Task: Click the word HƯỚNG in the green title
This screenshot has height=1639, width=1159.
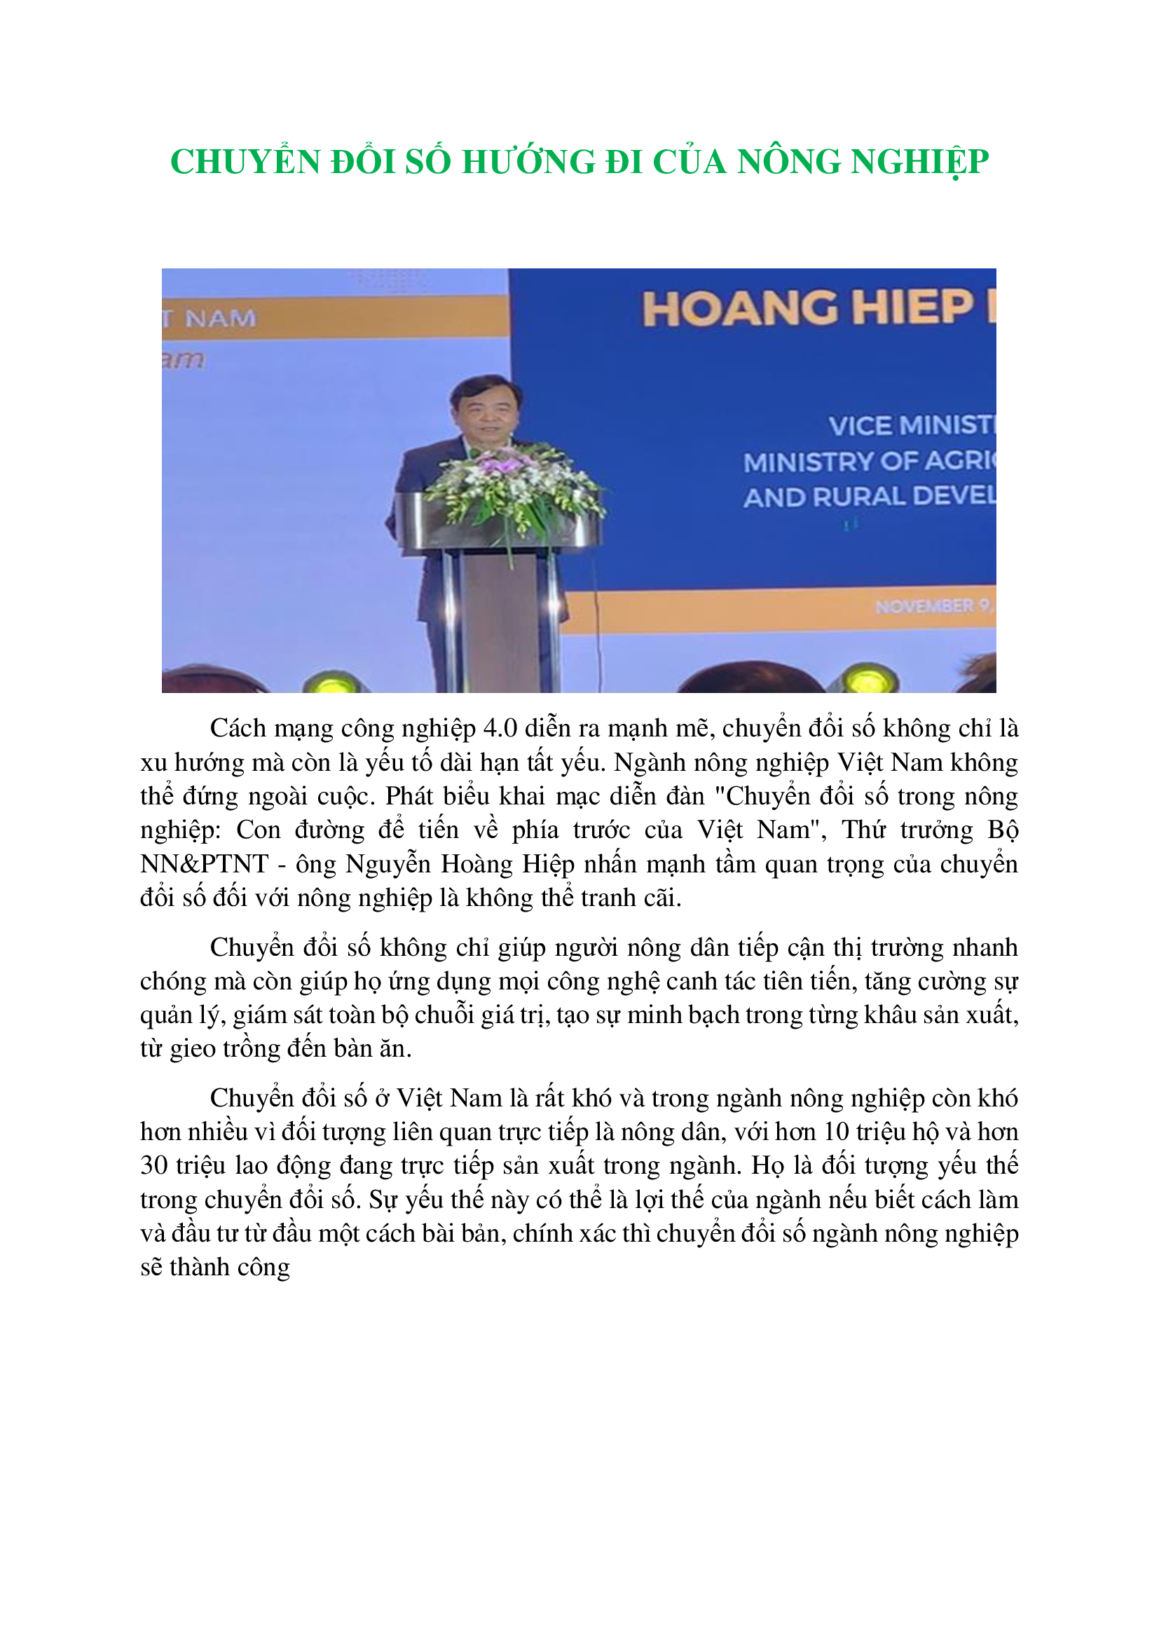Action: point(528,162)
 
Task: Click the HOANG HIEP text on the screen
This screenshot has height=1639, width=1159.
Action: point(807,308)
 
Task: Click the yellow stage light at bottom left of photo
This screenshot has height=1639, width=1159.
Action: point(330,683)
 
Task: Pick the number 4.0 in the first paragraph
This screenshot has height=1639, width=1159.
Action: point(500,728)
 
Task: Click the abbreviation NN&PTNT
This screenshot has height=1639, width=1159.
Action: point(204,864)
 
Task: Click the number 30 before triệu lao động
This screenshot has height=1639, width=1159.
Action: point(153,1165)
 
